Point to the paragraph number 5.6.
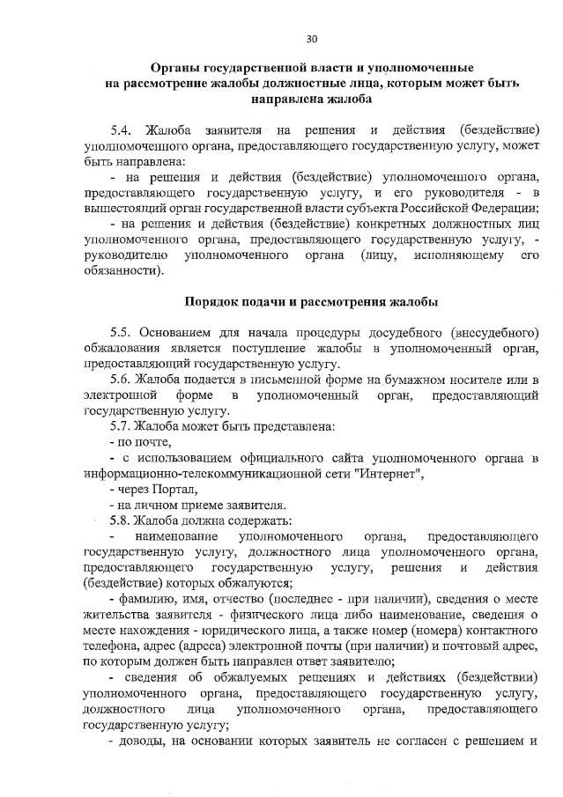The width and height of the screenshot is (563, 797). coord(122,379)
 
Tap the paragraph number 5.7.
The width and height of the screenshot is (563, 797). coord(122,426)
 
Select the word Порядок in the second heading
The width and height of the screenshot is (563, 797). coord(212,302)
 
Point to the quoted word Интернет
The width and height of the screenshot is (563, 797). coord(394,474)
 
